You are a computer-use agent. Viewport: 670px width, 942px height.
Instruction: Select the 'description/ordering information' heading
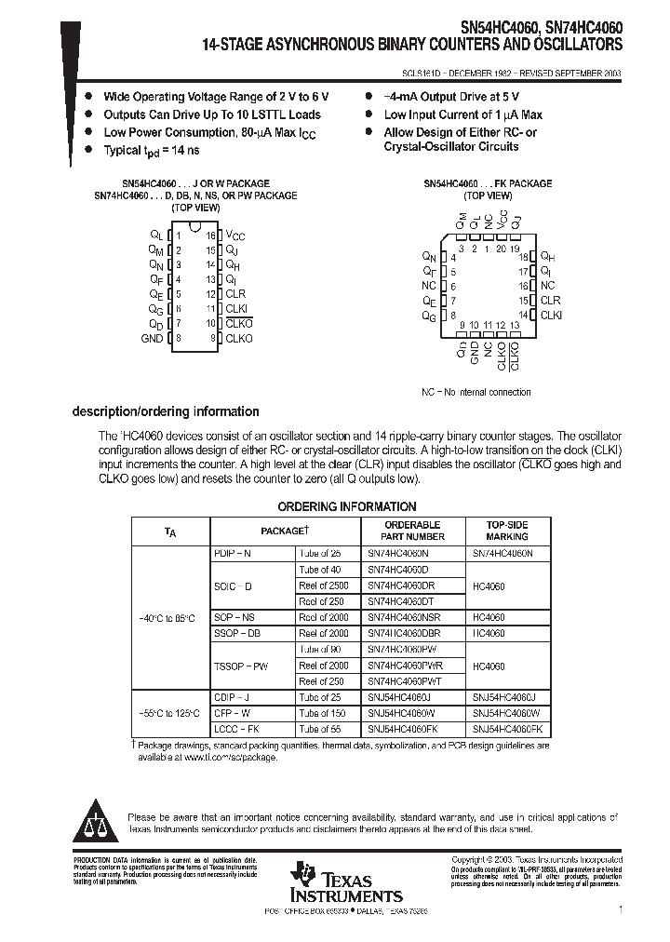coord(166,411)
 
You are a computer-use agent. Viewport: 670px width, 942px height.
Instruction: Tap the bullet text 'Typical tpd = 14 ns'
coord(151,151)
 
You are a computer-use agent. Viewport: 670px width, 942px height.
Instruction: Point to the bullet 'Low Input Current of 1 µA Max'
coord(462,115)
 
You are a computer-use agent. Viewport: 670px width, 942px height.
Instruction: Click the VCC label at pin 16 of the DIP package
coord(234,236)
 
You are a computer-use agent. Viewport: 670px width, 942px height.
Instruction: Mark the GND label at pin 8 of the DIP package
coord(152,339)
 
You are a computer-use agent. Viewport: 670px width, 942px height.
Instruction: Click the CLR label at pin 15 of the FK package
coord(550,301)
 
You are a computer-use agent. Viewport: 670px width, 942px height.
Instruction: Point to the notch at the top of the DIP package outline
coord(194,227)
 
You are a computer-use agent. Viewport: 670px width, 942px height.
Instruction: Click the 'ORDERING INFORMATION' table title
coord(347,506)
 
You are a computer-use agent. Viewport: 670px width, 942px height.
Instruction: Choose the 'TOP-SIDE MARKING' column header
coord(506,531)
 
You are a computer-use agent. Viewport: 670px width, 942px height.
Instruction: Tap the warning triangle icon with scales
coord(94,817)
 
